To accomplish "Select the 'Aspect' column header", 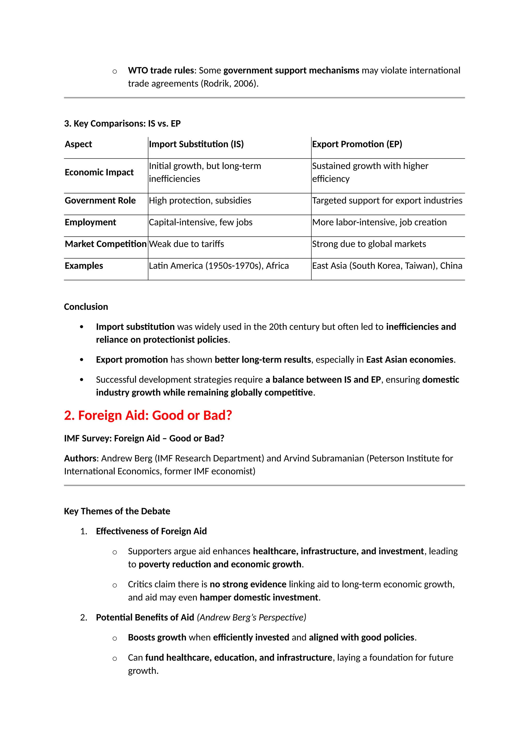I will coord(78,144).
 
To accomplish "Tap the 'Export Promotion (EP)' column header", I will coord(357,144).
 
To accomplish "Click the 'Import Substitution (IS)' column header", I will coord(196,144).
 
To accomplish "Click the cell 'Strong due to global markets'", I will coord(369,244).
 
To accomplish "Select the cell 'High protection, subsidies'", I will coord(200,200).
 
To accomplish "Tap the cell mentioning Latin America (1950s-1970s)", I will coord(219,266).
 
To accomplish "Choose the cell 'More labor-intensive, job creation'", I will coord(379,222).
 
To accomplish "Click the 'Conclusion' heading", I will coord(86,307).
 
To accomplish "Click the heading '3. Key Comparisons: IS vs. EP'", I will coord(122,123).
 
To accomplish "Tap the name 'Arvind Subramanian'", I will coord(323,458).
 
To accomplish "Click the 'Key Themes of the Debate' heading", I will coord(117,511).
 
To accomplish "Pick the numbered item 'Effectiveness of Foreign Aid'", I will coord(151,531).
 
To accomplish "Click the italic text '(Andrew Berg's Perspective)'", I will coord(252,617).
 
